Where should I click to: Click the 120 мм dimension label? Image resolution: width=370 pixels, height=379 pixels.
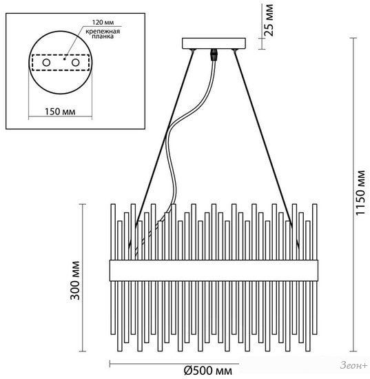[103, 23]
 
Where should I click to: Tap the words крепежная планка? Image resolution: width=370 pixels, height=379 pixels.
[103, 34]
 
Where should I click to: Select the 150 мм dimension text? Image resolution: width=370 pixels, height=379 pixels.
[60, 112]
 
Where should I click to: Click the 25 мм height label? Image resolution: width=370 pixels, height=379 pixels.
[268, 20]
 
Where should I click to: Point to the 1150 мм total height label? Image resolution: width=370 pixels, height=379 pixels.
[360, 193]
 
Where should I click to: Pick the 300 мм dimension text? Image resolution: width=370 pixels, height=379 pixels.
[75, 280]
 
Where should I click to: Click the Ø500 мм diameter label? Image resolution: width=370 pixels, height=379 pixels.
[208, 370]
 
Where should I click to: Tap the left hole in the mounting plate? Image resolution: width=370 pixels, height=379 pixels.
[46, 63]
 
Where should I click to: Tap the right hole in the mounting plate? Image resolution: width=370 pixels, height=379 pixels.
[75, 63]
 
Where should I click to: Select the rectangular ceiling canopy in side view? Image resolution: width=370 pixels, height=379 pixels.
[214, 43]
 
